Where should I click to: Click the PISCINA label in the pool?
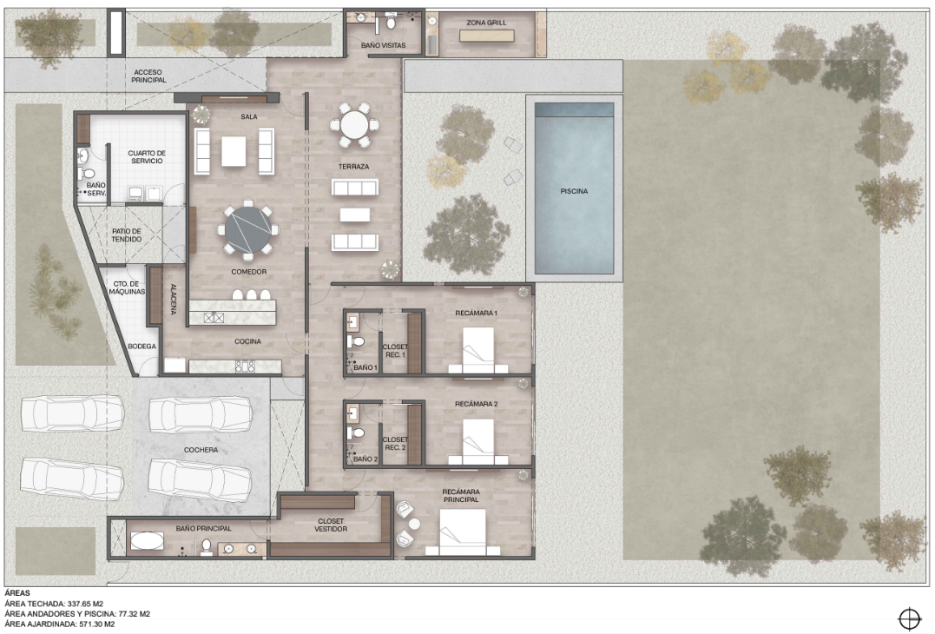(x=574, y=191)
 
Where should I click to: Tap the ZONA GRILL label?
(x=486, y=23)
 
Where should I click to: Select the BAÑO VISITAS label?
(x=384, y=45)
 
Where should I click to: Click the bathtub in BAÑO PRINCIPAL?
(x=147, y=541)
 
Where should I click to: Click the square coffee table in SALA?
(x=234, y=151)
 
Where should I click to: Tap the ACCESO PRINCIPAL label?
(x=148, y=76)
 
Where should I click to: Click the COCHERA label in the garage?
(x=201, y=450)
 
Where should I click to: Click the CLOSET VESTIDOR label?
(x=331, y=525)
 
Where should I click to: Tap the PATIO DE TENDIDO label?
(x=127, y=235)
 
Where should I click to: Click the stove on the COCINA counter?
(x=245, y=367)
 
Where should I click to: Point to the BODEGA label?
(x=142, y=347)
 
